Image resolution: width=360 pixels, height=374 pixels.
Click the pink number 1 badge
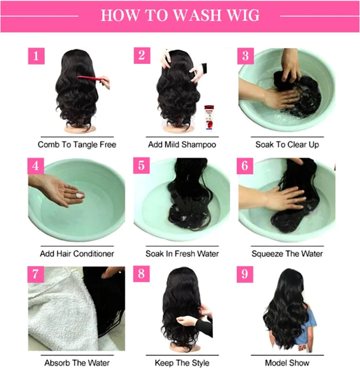tap(36, 56)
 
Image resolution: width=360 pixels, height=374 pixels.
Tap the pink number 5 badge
tap(141, 165)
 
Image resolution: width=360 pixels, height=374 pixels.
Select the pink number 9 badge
tap(245, 274)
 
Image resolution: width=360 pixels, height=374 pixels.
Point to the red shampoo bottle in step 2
tap(209, 117)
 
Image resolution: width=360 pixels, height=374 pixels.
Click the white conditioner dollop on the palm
tap(79, 195)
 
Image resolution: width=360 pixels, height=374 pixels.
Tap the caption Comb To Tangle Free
tap(77, 144)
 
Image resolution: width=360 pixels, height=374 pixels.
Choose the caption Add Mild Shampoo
tap(182, 144)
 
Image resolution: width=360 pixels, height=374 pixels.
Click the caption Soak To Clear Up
tap(287, 144)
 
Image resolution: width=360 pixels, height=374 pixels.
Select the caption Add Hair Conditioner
tap(77, 253)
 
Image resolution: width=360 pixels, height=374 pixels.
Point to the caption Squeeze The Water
tap(287, 253)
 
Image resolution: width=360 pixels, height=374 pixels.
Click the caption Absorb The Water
tap(77, 363)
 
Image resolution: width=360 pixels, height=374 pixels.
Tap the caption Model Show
tap(287, 363)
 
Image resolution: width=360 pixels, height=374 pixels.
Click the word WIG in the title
tap(243, 15)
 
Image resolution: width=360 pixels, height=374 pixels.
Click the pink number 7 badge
tap(36, 274)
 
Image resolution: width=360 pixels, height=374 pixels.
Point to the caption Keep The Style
tap(182, 363)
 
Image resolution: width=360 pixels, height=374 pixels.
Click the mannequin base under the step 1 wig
tap(80, 129)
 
